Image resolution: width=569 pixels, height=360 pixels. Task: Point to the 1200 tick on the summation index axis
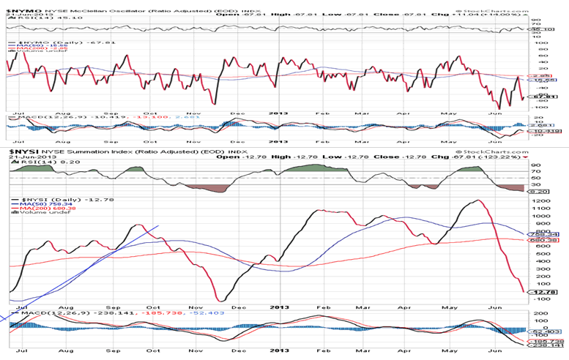541,200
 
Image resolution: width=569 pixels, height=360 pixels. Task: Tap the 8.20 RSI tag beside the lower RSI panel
540,190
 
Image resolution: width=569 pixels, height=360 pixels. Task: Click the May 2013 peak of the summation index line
478,200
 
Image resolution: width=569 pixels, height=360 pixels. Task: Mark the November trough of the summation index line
220,300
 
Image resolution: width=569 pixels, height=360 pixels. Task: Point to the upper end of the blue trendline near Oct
160,225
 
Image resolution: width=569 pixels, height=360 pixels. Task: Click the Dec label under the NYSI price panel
237,307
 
